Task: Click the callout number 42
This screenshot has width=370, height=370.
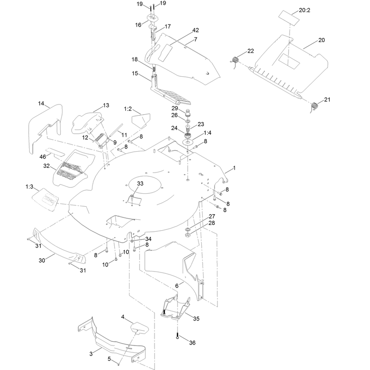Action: pyautogui.click(x=196, y=30)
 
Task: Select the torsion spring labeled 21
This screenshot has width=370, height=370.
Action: pyautogui.click(x=314, y=106)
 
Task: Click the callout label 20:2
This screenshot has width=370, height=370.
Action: pyautogui.click(x=304, y=10)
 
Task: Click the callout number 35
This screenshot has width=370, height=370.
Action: pyautogui.click(x=196, y=319)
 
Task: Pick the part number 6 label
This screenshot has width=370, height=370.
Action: pyautogui.click(x=177, y=286)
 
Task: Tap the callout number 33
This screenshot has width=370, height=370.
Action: pyautogui.click(x=140, y=183)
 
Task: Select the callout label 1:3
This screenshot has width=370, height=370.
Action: pyautogui.click(x=29, y=187)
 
